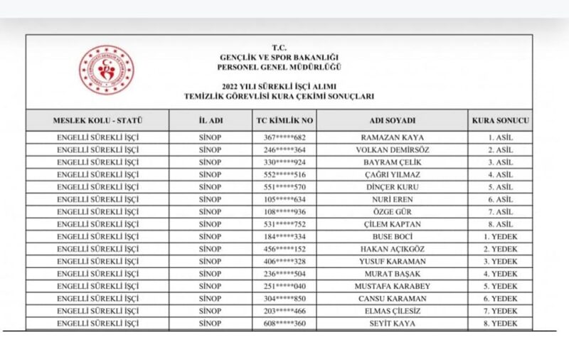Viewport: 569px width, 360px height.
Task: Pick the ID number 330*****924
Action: pyautogui.click(x=284, y=162)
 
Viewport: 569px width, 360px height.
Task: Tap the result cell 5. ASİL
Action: pyautogui.click(x=500, y=187)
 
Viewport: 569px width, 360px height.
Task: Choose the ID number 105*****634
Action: pyautogui.click(x=284, y=199)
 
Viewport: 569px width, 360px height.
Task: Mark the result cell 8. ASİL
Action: pyautogui.click(x=500, y=224)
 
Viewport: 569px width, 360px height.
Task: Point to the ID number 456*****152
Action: pyautogui.click(x=284, y=249)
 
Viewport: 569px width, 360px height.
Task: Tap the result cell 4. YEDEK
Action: pyautogui.click(x=500, y=274)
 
